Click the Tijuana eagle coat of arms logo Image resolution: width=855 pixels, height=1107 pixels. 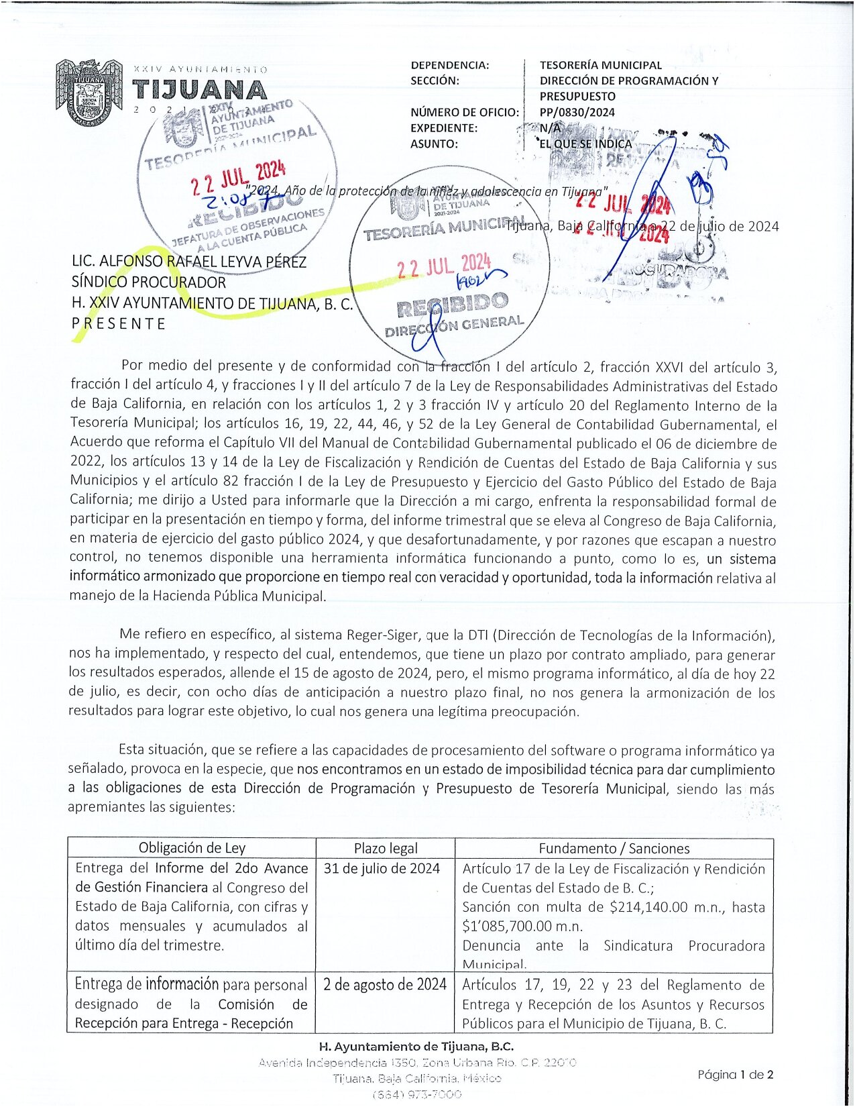(x=89, y=93)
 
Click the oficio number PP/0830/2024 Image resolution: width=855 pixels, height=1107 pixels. (x=577, y=112)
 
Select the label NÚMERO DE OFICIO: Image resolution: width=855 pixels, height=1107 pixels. (x=464, y=112)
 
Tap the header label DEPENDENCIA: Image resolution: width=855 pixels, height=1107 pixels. (x=449, y=65)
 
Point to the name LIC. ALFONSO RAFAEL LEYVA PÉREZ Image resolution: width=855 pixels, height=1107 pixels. (x=188, y=261)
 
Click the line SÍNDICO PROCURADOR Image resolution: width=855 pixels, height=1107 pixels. (x=148, y=282)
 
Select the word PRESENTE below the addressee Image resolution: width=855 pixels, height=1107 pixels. (x=119, y=323)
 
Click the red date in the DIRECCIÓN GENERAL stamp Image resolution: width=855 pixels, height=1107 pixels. (x=444, y=266)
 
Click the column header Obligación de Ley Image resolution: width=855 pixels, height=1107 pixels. (x=192, y=848)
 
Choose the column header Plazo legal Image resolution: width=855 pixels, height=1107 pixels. (x=386, y=848)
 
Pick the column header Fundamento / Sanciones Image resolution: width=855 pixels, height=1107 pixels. (x=614, y=848)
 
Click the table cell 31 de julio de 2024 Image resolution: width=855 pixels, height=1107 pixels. (x=382, y=868)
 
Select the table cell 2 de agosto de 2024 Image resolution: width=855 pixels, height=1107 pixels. (x=384, y=984)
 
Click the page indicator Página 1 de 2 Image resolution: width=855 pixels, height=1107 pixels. (x=735, y=1074)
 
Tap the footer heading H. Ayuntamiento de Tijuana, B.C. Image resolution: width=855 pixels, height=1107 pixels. (x=416, y=1046)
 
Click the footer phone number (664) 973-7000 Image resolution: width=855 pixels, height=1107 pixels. (x=416, y=1094)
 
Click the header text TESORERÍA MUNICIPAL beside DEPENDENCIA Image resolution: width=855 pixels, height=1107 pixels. (x=600, y=65)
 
